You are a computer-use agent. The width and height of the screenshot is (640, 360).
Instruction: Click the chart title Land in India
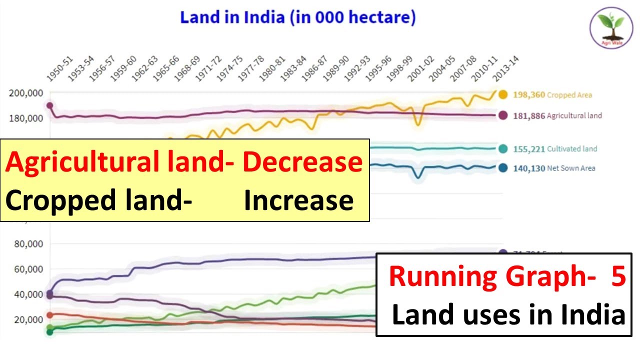pos(298,18)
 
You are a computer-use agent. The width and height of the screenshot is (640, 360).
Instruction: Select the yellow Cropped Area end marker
pos(502,94)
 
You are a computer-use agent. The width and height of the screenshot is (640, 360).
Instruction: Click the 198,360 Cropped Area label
pos(552,95)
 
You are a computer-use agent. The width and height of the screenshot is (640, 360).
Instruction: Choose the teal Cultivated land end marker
pos(502,148)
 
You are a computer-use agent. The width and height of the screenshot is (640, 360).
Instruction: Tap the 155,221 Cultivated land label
pos(555,149)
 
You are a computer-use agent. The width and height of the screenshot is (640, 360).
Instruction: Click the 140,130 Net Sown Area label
pos(554,168)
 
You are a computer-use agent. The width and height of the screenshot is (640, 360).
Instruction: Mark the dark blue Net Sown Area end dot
pos(502,168)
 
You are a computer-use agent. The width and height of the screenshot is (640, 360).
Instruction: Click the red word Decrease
pos(302,162)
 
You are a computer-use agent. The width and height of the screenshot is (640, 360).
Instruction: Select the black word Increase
pos(298,200)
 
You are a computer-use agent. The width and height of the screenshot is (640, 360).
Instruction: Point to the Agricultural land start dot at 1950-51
pos(49,106)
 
